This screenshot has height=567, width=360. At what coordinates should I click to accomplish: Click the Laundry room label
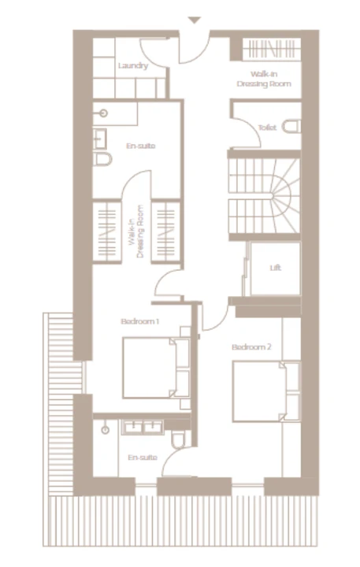[133, 66]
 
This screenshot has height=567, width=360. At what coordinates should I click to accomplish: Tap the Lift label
[276, 268]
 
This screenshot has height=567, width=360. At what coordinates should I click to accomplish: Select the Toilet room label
[267, 128]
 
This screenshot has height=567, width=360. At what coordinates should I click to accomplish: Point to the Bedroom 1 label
[140, 321]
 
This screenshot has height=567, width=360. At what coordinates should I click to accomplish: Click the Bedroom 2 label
[251, 347]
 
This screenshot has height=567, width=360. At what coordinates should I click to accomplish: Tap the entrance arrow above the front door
[195, 20]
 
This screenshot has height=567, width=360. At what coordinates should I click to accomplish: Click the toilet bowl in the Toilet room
[291, 127]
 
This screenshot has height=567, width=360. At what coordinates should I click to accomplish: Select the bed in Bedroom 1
[156, 368]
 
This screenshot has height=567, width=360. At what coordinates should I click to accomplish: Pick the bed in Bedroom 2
[267, 391]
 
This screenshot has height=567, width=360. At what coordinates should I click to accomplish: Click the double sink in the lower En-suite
[143, 427]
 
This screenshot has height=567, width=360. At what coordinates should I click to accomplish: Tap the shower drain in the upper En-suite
[104, 113]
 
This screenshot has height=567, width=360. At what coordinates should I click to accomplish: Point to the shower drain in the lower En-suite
[106, 430]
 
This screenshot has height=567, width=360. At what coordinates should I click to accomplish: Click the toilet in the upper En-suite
[102, 159]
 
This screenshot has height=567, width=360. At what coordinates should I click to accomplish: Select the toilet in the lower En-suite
[178, 439]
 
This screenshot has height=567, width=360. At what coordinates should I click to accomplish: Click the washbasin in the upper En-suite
[99, 139]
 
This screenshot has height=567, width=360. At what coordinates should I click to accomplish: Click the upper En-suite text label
[141, 146]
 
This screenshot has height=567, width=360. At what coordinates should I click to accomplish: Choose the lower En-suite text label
[143, 458]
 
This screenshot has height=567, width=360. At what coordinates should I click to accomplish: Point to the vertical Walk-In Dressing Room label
[136, 232]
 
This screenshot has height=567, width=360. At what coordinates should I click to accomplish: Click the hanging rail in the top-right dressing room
[271, 49]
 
